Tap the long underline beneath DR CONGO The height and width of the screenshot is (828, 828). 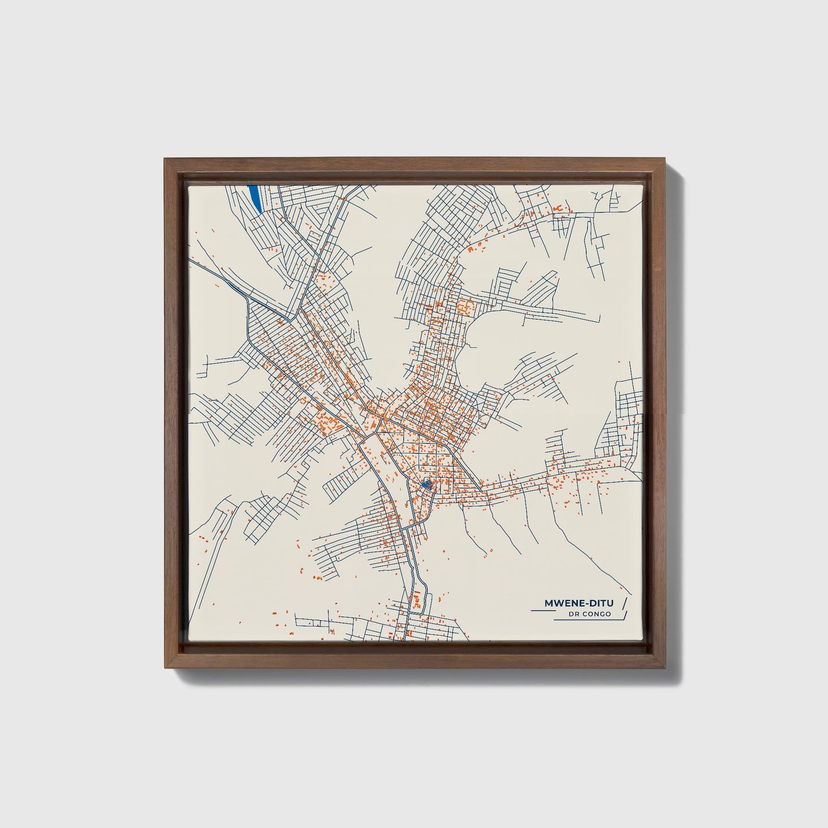(584, 619)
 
